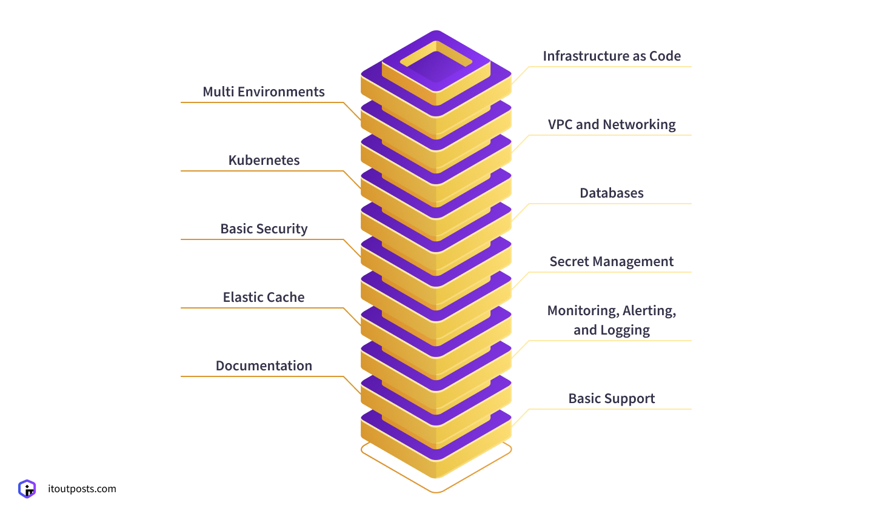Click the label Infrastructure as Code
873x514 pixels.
pyautogui.click(x=611, y=56)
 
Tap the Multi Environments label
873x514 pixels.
pyautogui.click(x=264, y=92)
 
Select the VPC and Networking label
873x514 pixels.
pyautogui.click(x=611, y=125)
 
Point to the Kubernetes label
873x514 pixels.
pyautogui.click(x=264, y=161)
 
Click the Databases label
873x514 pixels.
pyautogui.click(x=611, y=193)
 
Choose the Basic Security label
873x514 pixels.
pyautogui.click(x=264, y=229)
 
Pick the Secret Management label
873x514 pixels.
pyautogui.click(x=611, y=262)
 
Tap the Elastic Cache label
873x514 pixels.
pyautogui.click(x=264, y=298)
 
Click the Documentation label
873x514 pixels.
pyautogui.click(x=264, y=366)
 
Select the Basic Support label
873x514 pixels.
pyautogui.click(x=611, y=399)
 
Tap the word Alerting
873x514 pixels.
pyautogui.click(x=649, y=311)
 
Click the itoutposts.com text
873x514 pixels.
pyautogui.click(x=82, y=489)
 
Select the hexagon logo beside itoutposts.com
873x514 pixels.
pyautogui.click(x=27, y=489)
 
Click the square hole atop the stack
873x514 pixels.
pyautogui.click(x=436, y=62)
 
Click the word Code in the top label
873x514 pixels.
pyautogui.click(x=665, y=56)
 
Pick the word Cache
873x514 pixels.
pyautogui.click(x=286, y=298)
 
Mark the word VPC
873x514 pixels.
pyautogui.click(x=560, y=125)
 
